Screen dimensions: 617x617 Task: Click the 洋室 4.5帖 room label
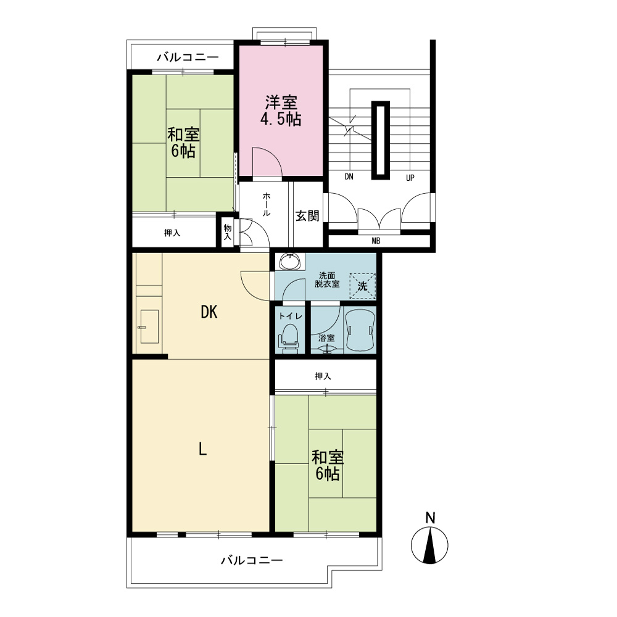tap(281, 110)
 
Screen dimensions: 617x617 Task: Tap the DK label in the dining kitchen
tap(209, 312)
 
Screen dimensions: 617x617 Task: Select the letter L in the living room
tap(202, 449)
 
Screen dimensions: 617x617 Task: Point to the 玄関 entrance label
tap(307, 215)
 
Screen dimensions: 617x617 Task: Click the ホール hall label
tap(267, 204)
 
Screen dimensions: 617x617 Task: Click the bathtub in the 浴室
tap(360, 329)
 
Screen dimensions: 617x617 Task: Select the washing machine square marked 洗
tap(362, 286)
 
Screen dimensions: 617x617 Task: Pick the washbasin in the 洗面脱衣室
tap(291, 261)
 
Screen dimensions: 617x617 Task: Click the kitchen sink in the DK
tap(149, 326)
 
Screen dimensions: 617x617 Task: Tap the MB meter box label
tap(376, 241)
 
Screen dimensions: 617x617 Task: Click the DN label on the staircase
tap(349, 176)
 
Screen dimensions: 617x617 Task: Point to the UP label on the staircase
tap(410, 178)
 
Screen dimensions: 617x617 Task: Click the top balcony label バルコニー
tap(188, 57)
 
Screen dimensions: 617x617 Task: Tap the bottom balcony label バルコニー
tap(252, 560)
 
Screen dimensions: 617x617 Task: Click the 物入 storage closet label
tap(228, 232)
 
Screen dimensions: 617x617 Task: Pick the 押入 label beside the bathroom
tap(323, 376)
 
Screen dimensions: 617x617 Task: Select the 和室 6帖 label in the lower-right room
tap(328, 465)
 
